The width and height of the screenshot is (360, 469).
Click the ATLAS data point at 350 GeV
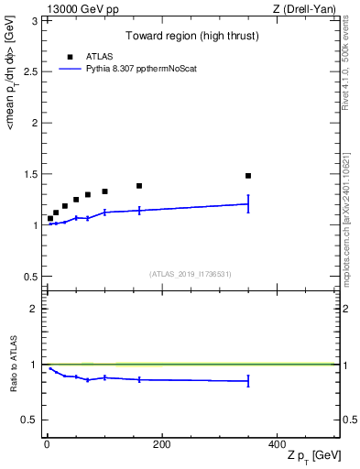click(248, 175)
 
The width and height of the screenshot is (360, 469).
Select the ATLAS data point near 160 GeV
click(139, 186)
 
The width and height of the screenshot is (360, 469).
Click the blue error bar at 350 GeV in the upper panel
click(248, 204)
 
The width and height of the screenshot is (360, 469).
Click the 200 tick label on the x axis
click(161, 444)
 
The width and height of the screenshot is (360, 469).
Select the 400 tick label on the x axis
click(277, 444)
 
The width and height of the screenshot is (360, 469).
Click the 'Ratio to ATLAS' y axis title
click(13, 365)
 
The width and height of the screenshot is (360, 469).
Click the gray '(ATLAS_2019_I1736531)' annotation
click(191, 273)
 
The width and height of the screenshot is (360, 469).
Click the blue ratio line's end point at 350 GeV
click(248, 381)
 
